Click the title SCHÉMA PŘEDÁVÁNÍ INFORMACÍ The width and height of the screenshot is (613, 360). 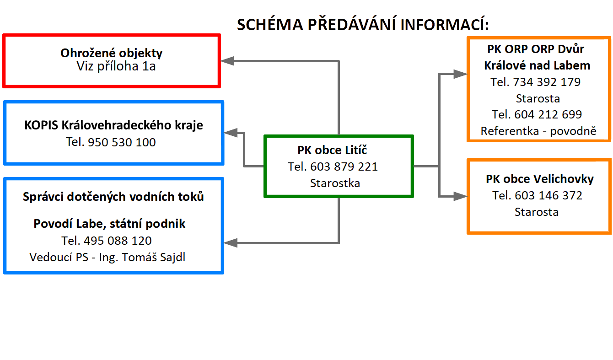coord(363,24)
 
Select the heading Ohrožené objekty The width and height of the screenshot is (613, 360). coord(111,53)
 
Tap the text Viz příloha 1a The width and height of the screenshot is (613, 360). coord(116,66)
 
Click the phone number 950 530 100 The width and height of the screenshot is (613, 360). coord(122,142)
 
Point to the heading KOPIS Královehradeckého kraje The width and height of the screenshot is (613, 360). coord(113,125)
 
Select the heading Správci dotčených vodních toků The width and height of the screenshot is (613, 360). coord(113,197)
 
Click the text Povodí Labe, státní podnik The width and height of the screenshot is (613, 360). coord(109,224)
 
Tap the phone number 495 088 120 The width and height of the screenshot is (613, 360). coord(118,241)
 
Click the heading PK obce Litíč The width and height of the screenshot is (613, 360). coord(332,150)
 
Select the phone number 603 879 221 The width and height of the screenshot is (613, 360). coord(344,167)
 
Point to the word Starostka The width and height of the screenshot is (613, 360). coord(335,183)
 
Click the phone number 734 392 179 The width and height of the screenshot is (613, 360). coord(547,82)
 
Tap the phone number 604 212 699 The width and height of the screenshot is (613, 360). coord(548,114)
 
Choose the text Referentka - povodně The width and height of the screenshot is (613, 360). coord(538,131)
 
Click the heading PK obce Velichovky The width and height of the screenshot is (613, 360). coord(540,179)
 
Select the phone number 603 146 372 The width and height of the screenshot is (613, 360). coord(548,196)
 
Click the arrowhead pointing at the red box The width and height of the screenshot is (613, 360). coord(228,61)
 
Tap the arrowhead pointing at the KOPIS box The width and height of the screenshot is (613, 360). coord(231,133)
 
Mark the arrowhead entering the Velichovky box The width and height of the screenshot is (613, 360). coord(460,196)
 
